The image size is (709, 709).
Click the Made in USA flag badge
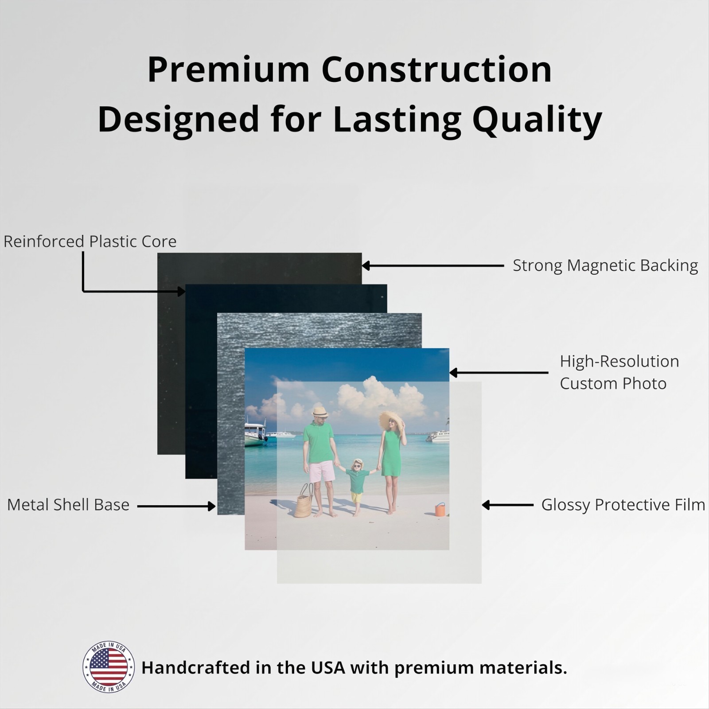(109, 667)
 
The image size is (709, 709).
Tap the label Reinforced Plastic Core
(90, 242)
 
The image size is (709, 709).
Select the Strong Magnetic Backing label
(605, 265)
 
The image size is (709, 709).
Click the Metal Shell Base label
(68, 505)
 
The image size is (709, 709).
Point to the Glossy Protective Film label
(623, 505)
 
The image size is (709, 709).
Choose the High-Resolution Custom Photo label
(619, 372)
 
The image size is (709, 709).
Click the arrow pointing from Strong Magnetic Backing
(433, 266)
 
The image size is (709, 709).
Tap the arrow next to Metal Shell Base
(176, 506)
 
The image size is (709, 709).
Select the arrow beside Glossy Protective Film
(508, 505)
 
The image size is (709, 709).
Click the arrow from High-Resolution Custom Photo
(499, 373)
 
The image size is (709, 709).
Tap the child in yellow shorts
(357, 487)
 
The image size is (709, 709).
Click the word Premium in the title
(228, 70)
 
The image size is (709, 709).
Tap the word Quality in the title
(537, 120)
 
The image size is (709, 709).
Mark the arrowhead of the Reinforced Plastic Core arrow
(182, 291)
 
